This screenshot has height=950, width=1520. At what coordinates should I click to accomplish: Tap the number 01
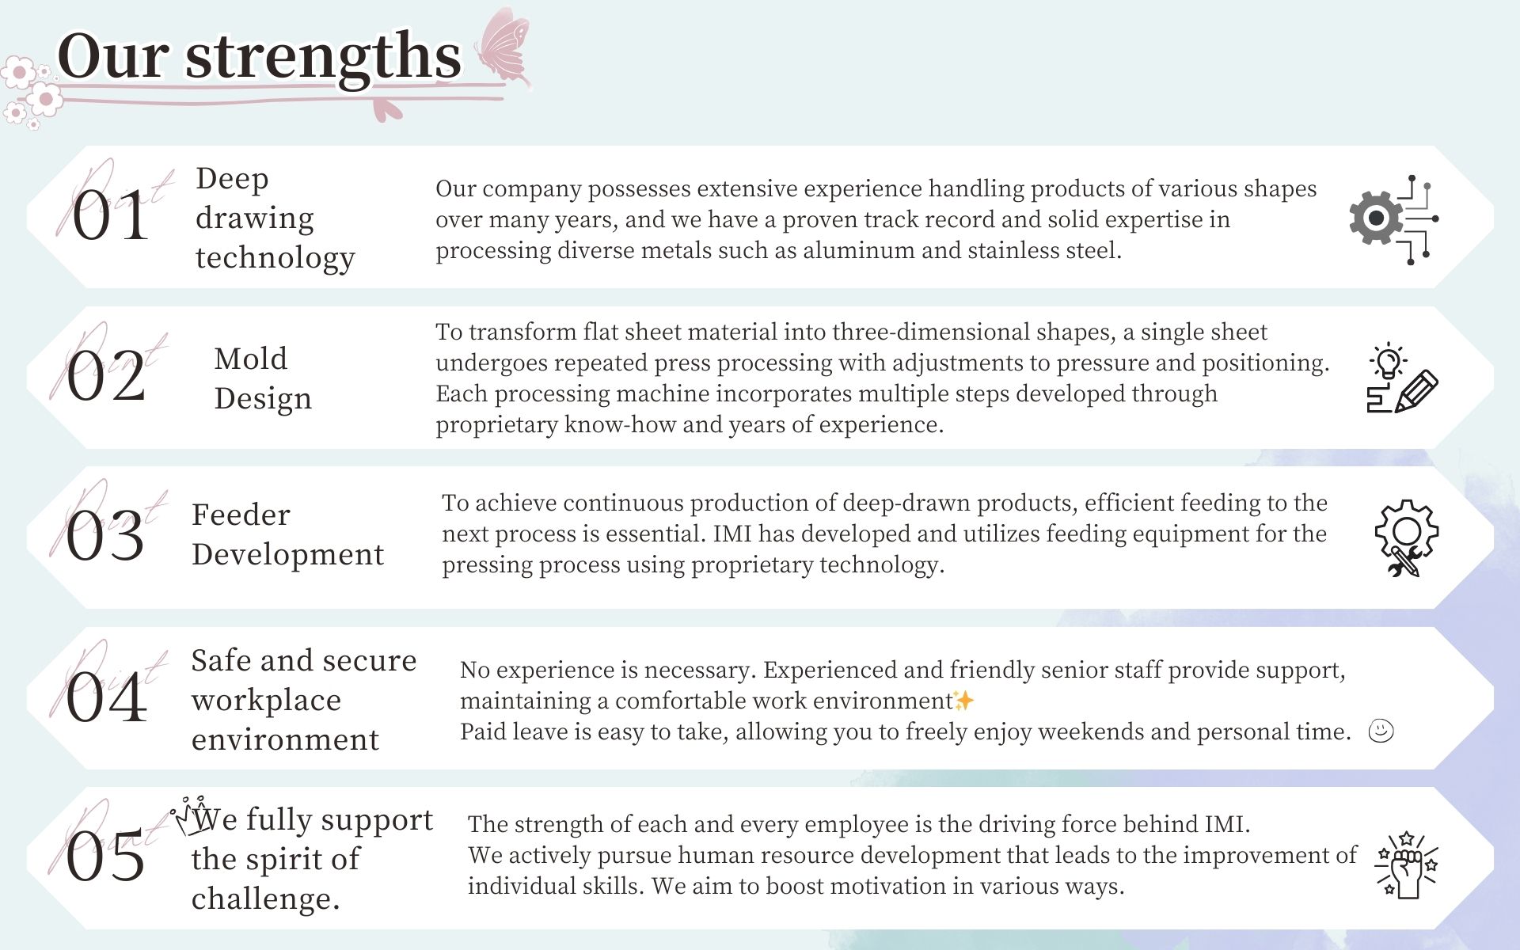[110, 216]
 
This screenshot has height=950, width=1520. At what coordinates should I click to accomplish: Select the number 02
[106, 376]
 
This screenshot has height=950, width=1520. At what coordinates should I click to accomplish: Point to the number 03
[105, 536]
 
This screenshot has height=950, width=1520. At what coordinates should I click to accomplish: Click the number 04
[106, 697]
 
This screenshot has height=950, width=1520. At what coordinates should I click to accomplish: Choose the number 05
[105, 857]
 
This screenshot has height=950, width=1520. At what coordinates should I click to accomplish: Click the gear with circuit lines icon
[1394, 219]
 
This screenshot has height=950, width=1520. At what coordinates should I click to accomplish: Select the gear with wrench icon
[1407, 538]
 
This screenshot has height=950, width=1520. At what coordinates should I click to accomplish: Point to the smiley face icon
[1381, 731]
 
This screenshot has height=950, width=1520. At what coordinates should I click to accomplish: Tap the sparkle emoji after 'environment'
[964, 701]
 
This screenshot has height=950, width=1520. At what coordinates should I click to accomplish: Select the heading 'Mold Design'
[263, 378]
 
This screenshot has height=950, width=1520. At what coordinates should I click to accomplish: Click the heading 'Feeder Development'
[288, 534]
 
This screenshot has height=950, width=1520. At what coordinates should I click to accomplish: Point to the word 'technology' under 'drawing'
[275, 259]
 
